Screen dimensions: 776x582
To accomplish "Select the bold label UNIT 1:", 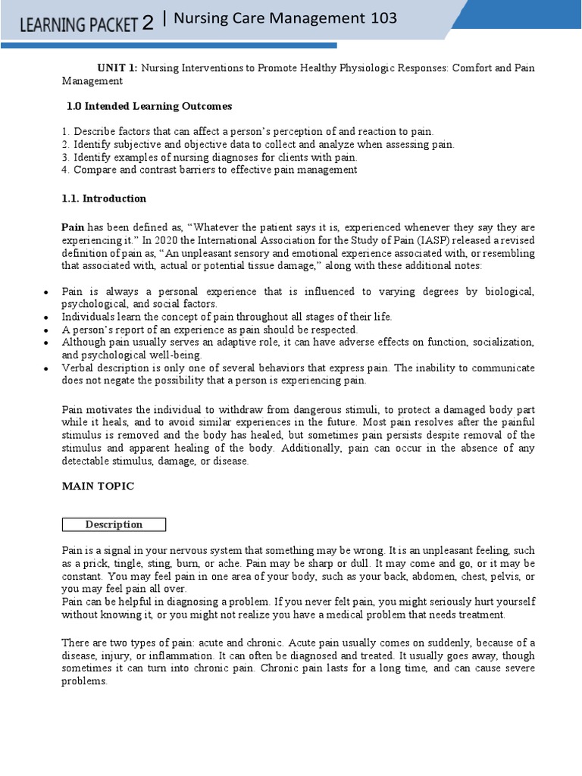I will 118,68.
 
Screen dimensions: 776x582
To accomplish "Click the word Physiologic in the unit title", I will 374,68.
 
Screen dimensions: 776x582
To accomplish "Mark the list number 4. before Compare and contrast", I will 65,170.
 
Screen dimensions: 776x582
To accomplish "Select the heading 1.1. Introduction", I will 104,199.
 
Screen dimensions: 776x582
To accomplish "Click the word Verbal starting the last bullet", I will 78,368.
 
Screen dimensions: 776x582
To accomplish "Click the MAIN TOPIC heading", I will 98,487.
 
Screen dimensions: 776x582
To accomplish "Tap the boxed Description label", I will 114,524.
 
